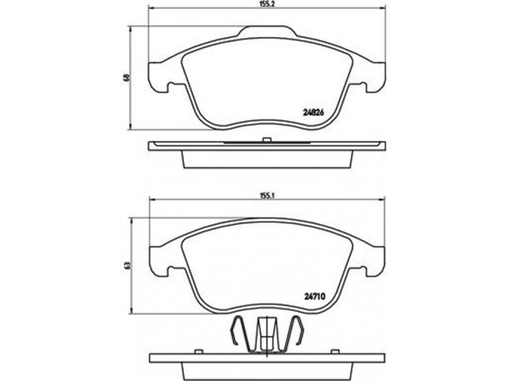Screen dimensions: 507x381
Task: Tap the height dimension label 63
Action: click(x=128, y=265)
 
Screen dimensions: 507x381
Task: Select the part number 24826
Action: click(x=313, y=113)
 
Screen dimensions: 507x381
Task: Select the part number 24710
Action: click(x=314, y=295)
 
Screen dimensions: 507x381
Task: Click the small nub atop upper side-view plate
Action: click(x=266, y=140)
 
